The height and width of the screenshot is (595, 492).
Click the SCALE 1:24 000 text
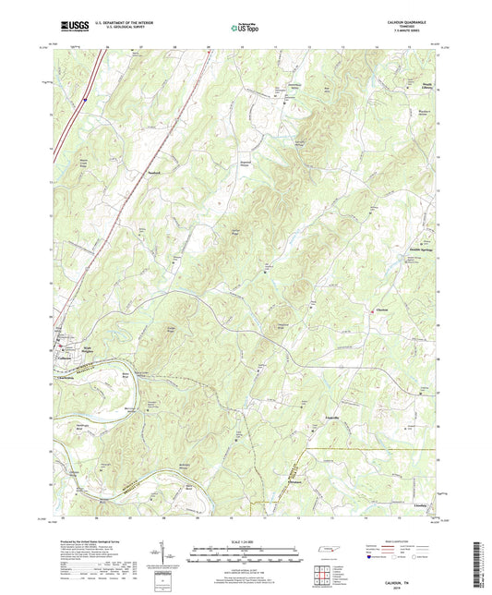tap(246, 540)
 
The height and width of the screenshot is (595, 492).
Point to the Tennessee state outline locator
tap(329, 551)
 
